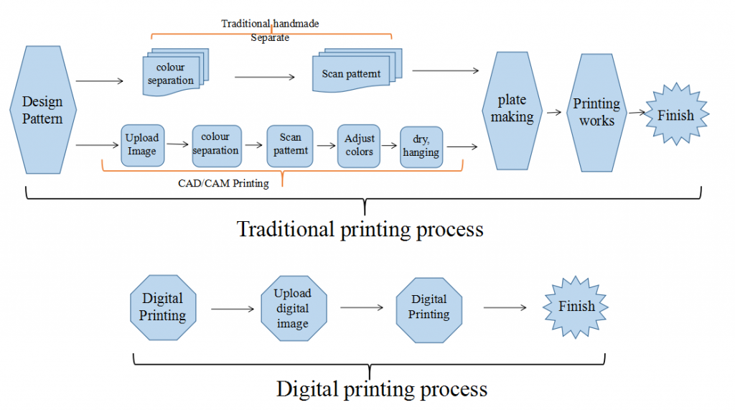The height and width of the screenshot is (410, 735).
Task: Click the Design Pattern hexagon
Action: tap(42, 110)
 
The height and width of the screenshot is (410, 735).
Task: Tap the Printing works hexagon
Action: tap(596, 112)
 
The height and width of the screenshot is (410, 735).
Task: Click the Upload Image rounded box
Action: tap(142, 145)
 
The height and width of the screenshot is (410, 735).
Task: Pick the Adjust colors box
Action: tap(359, 145)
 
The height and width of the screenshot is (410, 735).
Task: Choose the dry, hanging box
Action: tap(421, 146)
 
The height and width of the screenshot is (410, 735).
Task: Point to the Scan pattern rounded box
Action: tap(291, 145)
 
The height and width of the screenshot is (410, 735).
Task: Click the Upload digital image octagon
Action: tap(293, 308)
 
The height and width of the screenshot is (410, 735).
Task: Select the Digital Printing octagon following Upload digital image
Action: tap(429, 307)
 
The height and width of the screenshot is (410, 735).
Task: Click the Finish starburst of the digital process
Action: tap(576, 307)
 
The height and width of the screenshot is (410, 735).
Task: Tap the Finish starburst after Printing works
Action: tap(675, 115)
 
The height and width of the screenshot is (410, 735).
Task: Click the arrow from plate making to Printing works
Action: tap(553, 113)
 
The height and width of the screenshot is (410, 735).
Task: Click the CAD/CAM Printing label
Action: tap(223, 183)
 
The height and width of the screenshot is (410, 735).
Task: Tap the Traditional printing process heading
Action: tap(360, 229)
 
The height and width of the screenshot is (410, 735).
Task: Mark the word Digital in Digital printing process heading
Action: tap(304, 389)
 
